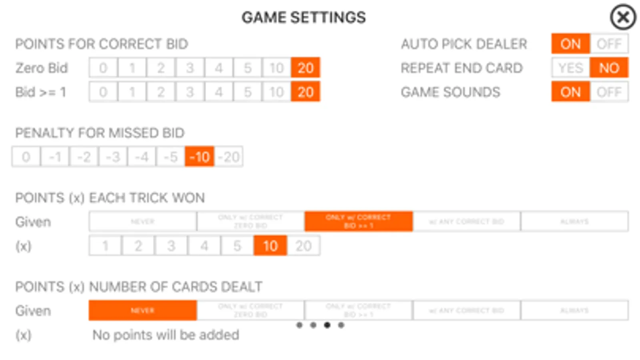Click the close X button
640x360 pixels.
click(x=623, y=17)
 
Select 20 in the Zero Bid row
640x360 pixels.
click(x=305, y=68)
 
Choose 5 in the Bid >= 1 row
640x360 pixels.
click(x=248, y=92)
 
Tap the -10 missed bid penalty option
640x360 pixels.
click(x=199, y=157)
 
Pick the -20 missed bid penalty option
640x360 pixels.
click(x=229, y=157)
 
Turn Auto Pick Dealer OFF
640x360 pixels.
click(x=609, y=44)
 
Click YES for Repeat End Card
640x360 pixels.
click(x=570, y=68)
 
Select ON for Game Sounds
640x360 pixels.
click(x=570, y=92)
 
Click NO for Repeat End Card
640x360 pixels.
click(x=609, y=68)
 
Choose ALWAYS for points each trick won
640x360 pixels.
click(x=574, y=222)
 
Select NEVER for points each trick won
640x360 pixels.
click(x=142, y=222)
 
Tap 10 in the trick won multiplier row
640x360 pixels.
click(x=270, y=246)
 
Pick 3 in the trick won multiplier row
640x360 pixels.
click(x=171, y=246)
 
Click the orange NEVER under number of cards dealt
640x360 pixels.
click(x=142, y=310)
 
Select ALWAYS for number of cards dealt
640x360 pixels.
click(x=574, y=310)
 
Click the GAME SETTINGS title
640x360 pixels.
click(x=303, y=18)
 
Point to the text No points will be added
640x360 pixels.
click(x=166, y=335)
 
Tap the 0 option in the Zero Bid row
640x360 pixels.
click(x=103, y=68)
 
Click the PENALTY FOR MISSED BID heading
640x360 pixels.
click(x=100, y=133)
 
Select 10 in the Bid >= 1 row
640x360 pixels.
click(x=277, y=92)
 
